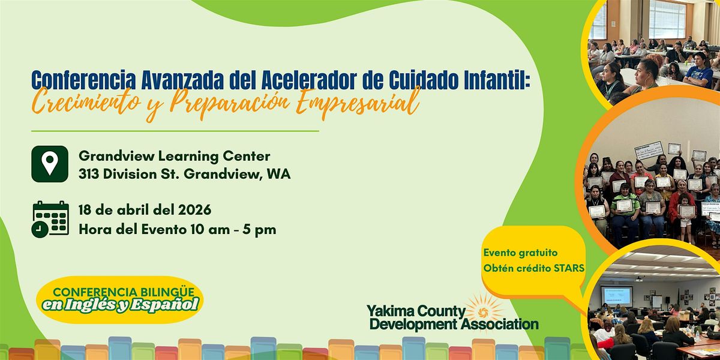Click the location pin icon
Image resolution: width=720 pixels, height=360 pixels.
click(x=50, y=164)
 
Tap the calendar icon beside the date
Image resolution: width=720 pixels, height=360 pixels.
click(x=50, y=219)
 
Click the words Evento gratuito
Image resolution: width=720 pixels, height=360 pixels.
click(x=521, y=253)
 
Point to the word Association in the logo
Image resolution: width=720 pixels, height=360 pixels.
click(x=500, y=324)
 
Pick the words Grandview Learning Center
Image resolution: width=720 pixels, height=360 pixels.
click(x=174, y=157)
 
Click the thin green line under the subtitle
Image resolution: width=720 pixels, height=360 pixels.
click(x=175, y=131)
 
